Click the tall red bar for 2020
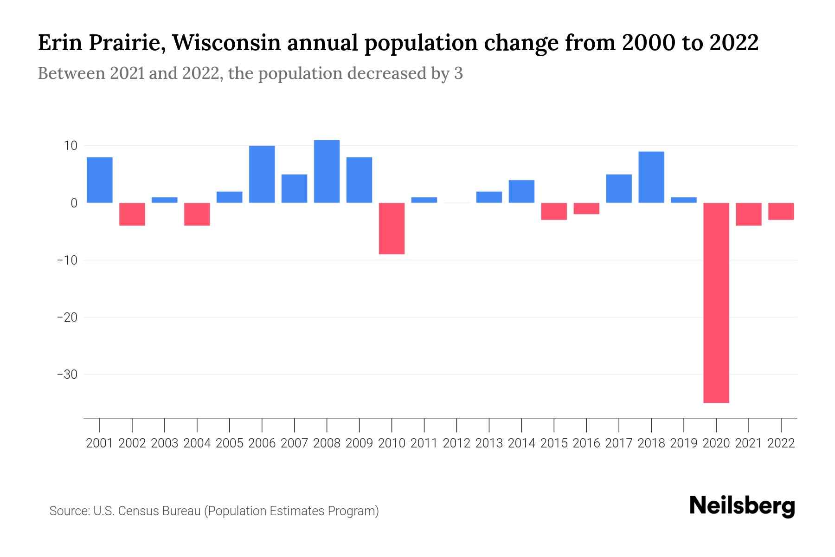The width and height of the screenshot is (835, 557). point(716,303)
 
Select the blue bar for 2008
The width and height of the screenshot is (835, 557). point(327,171)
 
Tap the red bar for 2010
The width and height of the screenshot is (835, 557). point(392,228)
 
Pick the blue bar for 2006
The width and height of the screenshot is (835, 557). point(262,174)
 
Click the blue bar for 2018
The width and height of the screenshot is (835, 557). point(651,177)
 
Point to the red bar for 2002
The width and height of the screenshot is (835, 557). point(132,214)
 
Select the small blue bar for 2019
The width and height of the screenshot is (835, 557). point(684,200)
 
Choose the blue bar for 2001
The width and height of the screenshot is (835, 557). point(100,180)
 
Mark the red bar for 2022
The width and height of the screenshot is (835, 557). point(781,211)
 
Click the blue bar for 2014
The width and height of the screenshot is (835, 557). point(521,191)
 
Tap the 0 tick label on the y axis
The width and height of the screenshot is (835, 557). point(73,203)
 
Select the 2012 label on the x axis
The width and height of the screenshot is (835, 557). point(456,443)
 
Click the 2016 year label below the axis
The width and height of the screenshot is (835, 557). point(586,443)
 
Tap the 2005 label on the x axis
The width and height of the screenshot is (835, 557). point(230,443)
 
